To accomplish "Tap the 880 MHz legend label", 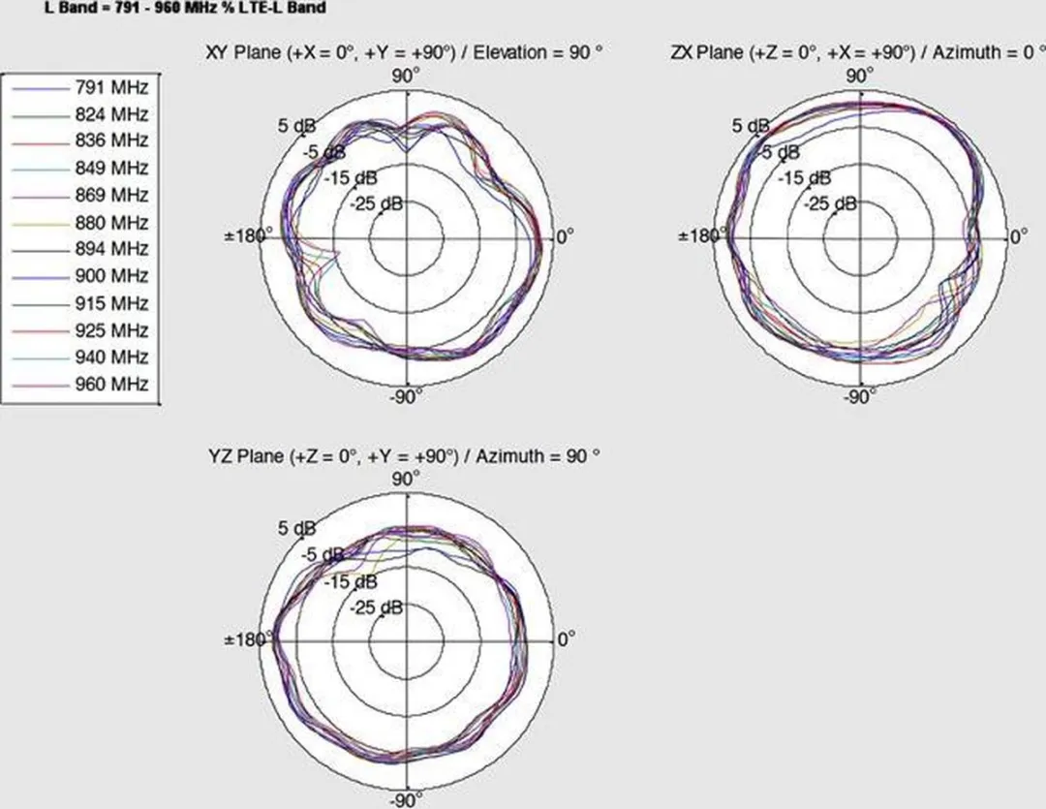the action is (x=111, y=222).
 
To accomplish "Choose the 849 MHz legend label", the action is (x=111, y=168).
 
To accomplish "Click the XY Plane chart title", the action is (x=405, y=52).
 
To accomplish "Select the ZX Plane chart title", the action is (x=858, y=52).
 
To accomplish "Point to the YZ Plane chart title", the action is (x=404, y=456).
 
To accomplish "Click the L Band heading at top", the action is (x=185, y=8).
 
